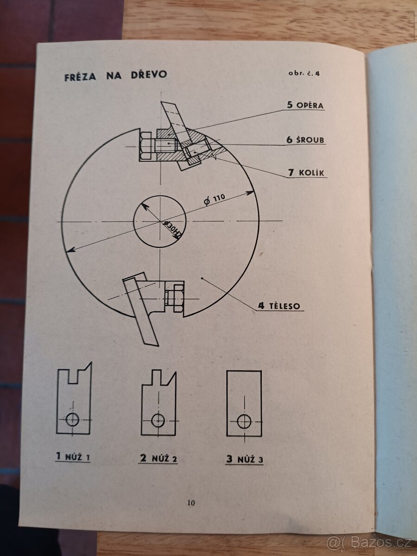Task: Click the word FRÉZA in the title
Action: (x=80, y=76)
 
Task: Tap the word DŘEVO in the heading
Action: (x=149, y=75)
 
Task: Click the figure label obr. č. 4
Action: (x=304, y=74)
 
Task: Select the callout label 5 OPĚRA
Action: (x=305, y=105)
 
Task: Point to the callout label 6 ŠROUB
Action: (x=305, y=139)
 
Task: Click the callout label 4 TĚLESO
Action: (x=279, y=306)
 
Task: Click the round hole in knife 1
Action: (x=72, y=419)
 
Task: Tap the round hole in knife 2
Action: (x=158, y=421)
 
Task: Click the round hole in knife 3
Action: (x=245, y=422)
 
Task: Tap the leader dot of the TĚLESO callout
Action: (x=202, y=278)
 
